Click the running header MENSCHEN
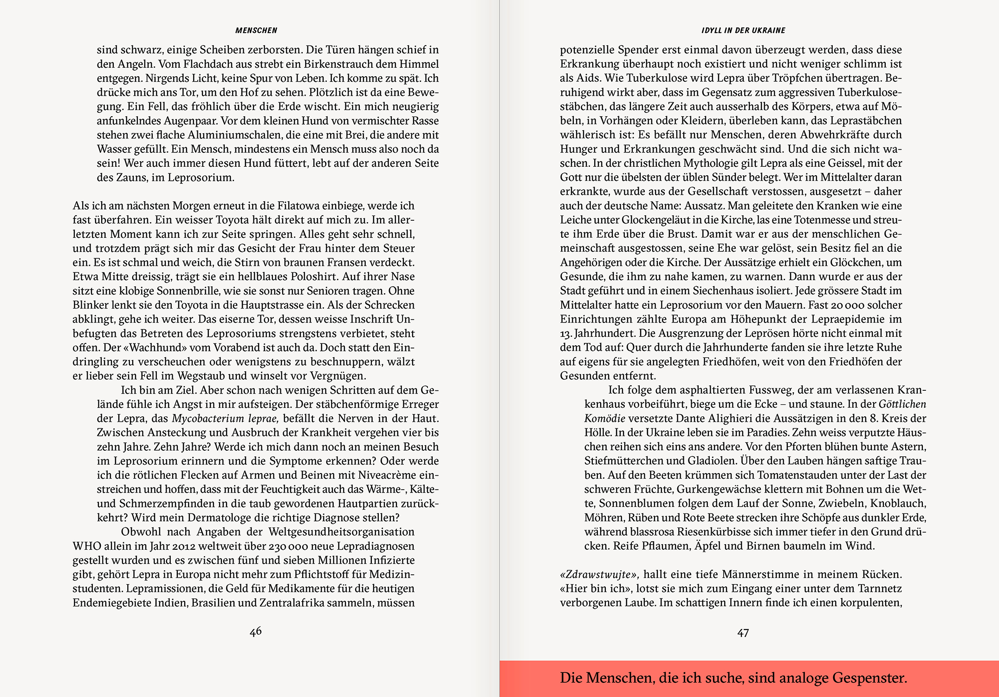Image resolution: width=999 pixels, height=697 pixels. [x=256, y=31]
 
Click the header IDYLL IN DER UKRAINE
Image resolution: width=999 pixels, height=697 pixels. [x=743, y=31]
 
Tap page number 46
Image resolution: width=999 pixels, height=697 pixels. [x=256, y=631]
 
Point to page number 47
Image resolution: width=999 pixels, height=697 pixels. [x=743, y=633]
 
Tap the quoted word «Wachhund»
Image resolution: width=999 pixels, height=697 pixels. [x=147, y=348]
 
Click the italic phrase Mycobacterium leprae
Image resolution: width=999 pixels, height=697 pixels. [x=225, y=419]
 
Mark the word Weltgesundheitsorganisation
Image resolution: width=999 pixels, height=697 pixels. [x=341, y=532]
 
